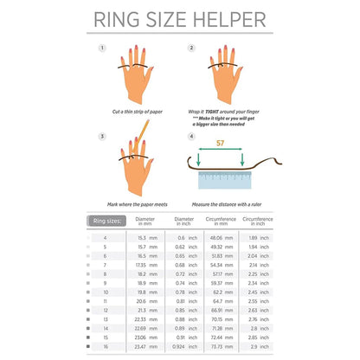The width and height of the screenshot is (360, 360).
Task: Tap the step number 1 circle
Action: [103, 48]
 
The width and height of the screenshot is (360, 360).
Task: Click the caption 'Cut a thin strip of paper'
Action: [134, 112]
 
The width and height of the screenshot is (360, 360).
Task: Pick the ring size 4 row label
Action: [106, 237]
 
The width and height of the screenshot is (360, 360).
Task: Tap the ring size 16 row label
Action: [106, 345]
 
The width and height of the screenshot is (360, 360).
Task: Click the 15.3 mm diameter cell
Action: [148, 237]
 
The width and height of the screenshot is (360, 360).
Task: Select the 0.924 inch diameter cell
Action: [188, 345]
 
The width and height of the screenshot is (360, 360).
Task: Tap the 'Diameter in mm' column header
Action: [148, 222]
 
